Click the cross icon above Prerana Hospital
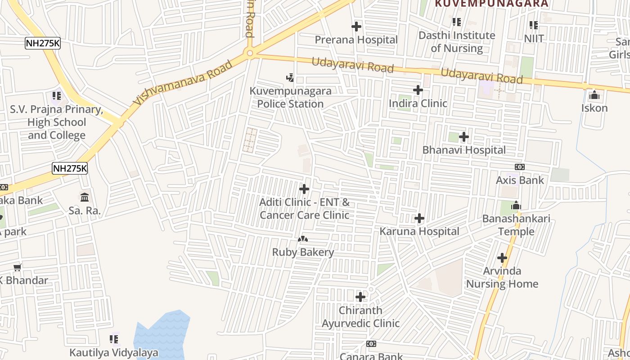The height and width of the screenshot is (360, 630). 356,27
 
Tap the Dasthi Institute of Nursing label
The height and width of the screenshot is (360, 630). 457,41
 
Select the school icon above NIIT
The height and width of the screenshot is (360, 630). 534,25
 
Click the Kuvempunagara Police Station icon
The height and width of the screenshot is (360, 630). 290,78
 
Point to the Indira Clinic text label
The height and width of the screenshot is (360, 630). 418,103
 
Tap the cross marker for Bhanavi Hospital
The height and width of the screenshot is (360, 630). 464,137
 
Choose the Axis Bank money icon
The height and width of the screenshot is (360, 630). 520,167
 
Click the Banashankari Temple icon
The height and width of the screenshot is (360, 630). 516,206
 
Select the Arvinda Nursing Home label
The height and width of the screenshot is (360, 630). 502,277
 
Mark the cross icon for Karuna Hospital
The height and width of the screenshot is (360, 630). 419,219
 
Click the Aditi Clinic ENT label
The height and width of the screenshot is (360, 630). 304,209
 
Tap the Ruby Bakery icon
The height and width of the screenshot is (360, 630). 303,239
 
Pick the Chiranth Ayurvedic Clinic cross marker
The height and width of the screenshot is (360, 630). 360,297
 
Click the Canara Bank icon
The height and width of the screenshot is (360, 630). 371,344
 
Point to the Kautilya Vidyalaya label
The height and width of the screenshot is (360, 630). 113,352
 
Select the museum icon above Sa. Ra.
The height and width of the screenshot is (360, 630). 85,197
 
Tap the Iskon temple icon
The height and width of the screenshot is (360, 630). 594,95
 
